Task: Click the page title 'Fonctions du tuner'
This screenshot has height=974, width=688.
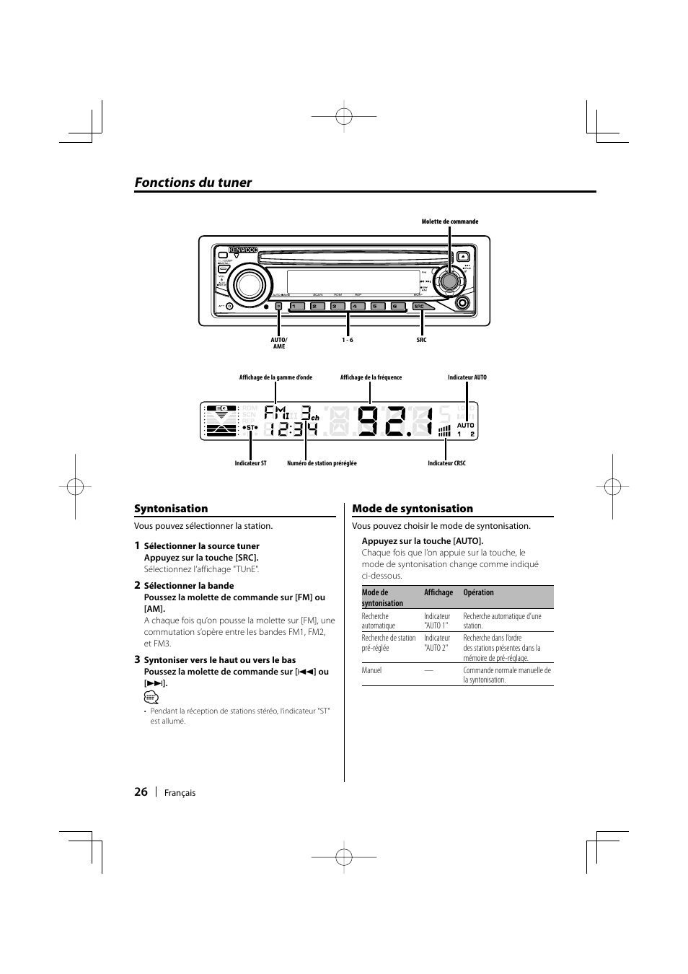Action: tap(193, 183)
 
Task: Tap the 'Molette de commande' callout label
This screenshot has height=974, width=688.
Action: tap(450, 221)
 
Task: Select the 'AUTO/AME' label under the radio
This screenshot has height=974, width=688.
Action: tap(279, 343)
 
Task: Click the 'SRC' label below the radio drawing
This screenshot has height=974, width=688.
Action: tap(421, 340)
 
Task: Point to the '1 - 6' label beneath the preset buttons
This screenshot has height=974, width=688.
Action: tap(348, 340)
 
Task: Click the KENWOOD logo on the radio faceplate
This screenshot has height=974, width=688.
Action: tap(244, 250)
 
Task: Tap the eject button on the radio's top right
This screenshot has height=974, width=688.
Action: tap(463, 255)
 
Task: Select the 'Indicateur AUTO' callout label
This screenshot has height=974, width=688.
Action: tap(467, 377)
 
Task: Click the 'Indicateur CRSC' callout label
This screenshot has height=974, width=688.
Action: tap(446, 463)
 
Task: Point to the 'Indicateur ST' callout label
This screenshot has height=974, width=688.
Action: tap(250, 463)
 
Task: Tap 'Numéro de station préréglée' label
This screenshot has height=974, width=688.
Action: tap(322, 463)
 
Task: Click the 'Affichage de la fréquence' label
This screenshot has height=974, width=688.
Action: tap(371, 377)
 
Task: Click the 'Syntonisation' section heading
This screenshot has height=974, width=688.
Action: tap(171, 509)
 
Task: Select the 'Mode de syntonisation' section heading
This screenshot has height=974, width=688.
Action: tap(413, 509)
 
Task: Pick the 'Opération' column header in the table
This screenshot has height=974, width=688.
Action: tap(478, 593)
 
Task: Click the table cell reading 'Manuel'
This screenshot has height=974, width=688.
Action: tap(371, 670)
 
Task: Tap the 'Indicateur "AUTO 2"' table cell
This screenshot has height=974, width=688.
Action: tap(437, 643)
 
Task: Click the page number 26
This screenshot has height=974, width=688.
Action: tap(141, 791)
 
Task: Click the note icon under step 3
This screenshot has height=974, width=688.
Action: tap(151, 697)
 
